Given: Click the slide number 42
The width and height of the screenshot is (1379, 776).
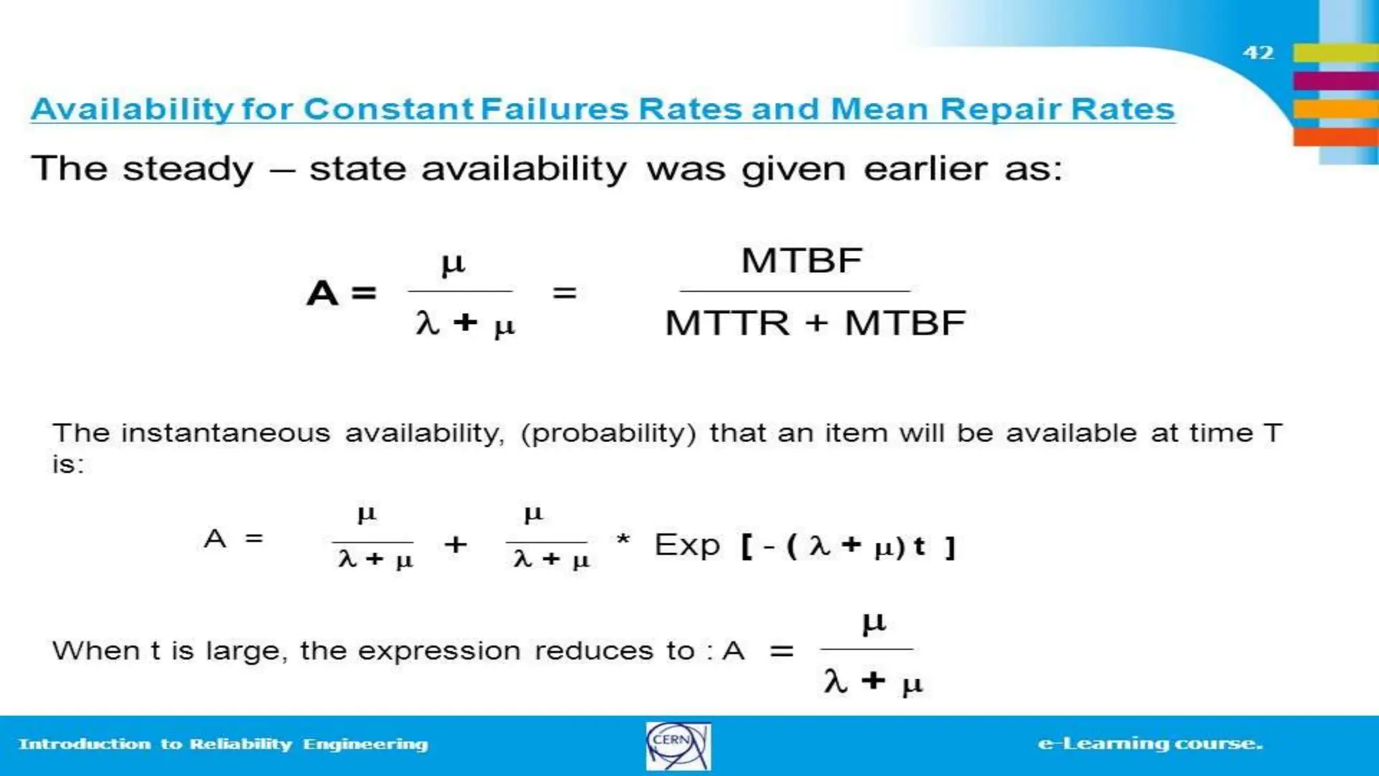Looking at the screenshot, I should tap(1258, 53).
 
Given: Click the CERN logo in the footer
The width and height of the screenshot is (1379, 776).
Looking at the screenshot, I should tap(677, 746).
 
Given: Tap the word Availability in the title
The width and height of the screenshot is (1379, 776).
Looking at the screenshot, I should tap(132, 109).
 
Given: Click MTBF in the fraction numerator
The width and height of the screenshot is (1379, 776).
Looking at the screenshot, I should tap(801, 261).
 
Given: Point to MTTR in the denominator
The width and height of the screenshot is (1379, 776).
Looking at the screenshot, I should tap(727, 323).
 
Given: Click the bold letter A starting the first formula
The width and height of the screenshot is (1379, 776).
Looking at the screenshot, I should tap(322, 294).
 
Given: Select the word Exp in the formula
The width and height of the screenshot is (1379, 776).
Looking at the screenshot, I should tap(687, 545).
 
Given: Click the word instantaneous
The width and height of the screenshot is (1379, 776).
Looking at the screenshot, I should tap(226, 433).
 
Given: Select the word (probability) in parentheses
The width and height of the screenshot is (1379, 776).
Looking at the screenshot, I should tap(608, 433).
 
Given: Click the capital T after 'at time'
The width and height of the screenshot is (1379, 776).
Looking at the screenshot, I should tap(1272, 432).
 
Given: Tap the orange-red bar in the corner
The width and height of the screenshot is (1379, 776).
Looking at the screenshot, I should tap(1335, 137).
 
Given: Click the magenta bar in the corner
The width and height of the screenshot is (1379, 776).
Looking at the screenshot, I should tap(1335, 81).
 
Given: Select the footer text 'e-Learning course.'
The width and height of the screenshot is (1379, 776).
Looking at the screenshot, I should tap(1150, 744).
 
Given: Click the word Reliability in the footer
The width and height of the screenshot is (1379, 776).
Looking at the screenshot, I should tap(240, 744).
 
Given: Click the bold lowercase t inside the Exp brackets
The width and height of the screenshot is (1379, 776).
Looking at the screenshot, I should tap(919, 546).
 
